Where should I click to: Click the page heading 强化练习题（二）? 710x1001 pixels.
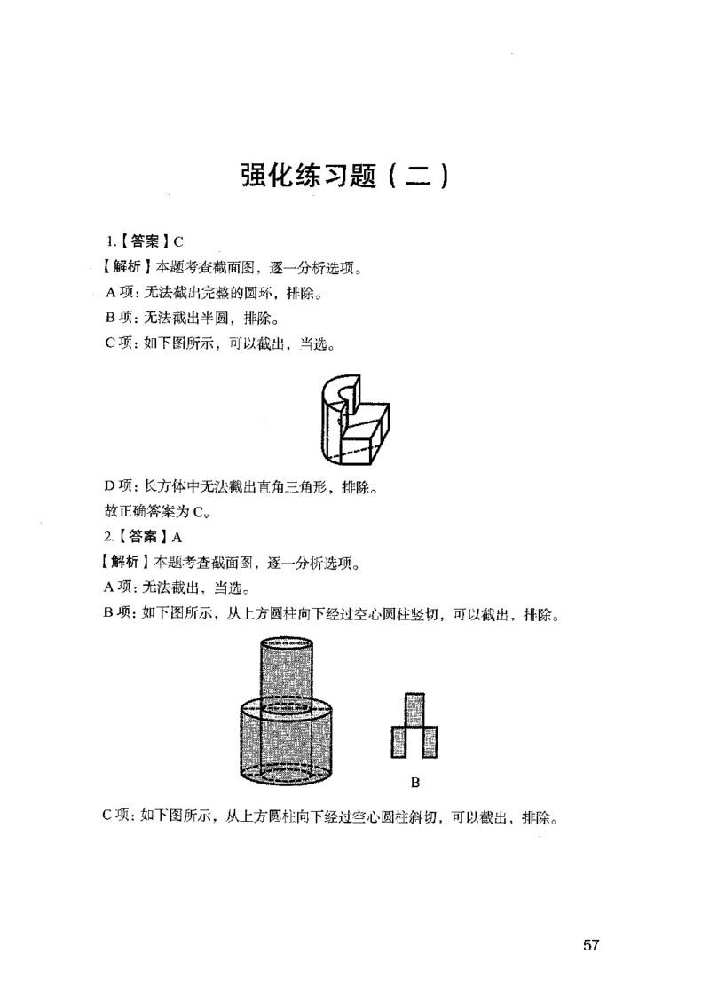coord(349,174)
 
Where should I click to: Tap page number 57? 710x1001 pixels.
coord(592,944)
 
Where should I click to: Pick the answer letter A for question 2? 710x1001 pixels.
coord(177,536)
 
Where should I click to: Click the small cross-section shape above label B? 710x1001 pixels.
coord(414,726)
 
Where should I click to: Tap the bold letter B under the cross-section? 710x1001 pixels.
coord(414,783)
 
